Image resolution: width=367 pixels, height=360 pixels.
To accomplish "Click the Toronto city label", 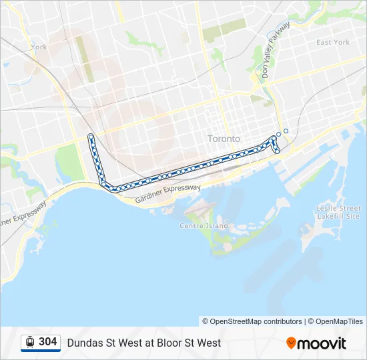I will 224,139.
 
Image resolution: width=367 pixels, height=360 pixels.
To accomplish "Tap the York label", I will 39,47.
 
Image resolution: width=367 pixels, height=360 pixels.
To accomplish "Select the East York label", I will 332,42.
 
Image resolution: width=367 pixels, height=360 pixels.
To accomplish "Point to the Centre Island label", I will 204,226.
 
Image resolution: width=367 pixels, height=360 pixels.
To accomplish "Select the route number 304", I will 47,342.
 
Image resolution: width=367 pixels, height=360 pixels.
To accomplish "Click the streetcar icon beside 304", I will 30,343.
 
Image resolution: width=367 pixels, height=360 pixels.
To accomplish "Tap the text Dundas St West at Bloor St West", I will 143,343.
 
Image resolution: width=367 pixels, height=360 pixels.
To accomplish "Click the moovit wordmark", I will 322,343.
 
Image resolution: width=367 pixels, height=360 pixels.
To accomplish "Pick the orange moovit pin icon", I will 291,343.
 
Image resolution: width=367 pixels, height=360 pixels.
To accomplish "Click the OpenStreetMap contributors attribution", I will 252,321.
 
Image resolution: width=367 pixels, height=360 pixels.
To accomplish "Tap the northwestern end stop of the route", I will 91,137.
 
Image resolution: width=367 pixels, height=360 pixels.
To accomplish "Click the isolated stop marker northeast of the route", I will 286,131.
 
